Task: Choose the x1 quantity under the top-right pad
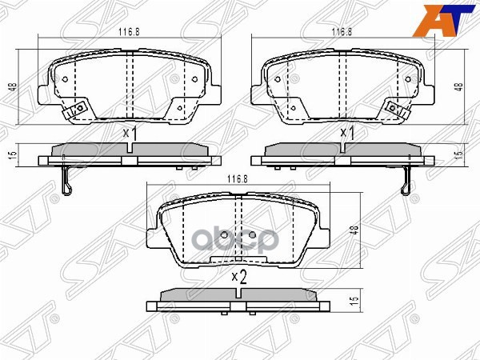(346, 133)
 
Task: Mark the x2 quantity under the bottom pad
(238, 277)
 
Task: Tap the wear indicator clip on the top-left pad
(78, 109)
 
